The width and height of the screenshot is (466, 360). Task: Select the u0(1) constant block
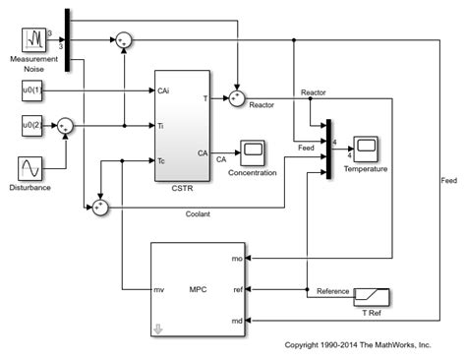33,91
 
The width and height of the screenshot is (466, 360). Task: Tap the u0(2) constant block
33,125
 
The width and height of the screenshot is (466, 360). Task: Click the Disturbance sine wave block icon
34,168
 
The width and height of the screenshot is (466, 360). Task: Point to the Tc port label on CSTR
163,159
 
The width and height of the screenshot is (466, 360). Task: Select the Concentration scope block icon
253,151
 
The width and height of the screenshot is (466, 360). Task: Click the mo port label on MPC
237,259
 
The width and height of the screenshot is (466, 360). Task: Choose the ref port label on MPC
237,290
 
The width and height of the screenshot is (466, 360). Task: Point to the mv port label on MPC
158,290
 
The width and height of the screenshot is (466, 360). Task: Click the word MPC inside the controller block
197,290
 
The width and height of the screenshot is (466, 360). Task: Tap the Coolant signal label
198,213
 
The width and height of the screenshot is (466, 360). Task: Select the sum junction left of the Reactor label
236,97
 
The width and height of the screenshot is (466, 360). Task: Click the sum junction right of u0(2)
65,126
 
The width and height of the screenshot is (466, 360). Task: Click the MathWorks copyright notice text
357,345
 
